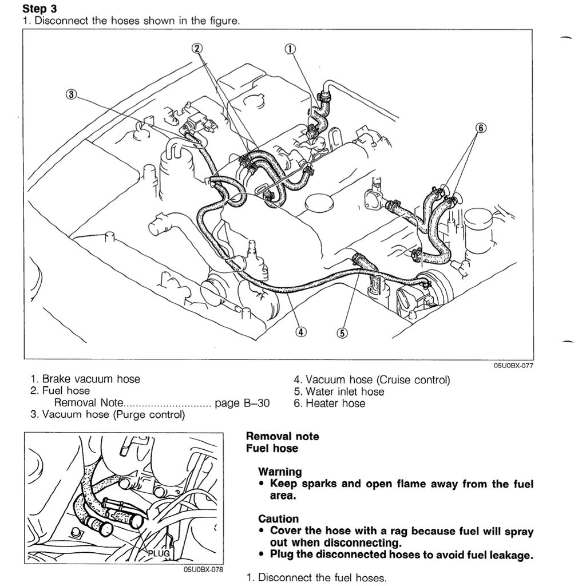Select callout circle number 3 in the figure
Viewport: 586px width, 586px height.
point(71,95)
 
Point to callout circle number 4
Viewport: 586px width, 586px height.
point(301,331)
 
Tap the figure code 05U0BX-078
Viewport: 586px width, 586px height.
point(203,570)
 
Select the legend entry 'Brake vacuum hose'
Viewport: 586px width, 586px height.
point(91,379)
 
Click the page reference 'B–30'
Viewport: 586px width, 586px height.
point(256,403)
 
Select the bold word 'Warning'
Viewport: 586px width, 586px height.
point(280,472)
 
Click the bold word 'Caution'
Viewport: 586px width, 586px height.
point(278,519)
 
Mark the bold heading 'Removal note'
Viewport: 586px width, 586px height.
point(282,437)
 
